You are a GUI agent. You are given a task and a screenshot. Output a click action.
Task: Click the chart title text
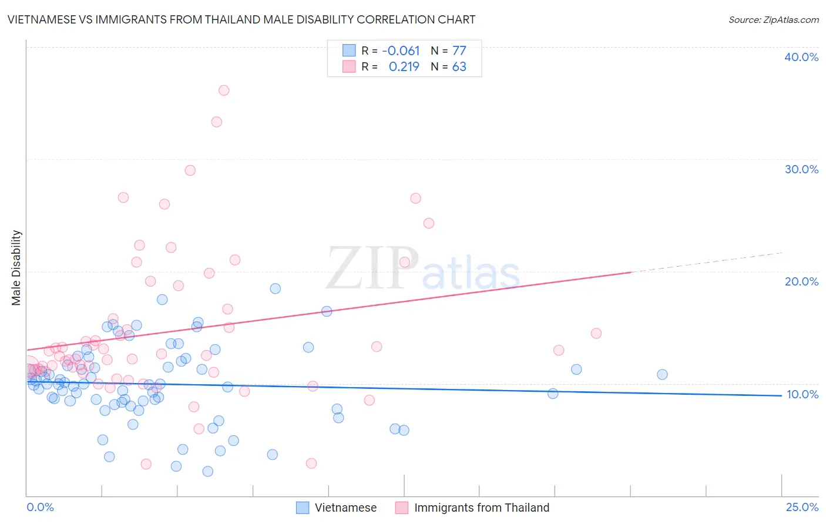tap(241, 19)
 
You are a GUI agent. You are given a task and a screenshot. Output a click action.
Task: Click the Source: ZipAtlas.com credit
tap(773, 19)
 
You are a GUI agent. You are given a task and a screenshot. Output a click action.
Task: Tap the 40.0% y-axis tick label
tap(801, 57)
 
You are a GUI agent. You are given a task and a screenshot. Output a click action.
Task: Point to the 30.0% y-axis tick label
tap(801, 169)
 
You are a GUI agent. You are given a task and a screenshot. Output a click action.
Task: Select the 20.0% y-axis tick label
tap(801, 281)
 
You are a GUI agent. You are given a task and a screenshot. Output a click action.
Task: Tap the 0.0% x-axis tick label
tap(40, 507)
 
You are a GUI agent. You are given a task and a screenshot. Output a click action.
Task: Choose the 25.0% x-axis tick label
tap(802, 507)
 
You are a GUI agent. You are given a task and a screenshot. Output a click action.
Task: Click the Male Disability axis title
tap(16, 267)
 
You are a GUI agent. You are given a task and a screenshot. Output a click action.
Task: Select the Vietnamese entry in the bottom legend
tap(345, 508)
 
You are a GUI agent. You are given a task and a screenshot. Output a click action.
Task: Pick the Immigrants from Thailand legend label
tap(481, 508)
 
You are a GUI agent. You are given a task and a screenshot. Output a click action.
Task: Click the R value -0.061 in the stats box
tap(401, 51)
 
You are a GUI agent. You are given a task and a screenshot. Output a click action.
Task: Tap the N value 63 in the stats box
tap(459, 67)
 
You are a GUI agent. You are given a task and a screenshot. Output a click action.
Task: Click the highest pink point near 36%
tap(224, 90)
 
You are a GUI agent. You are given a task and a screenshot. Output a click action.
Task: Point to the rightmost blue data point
tap(662, 374)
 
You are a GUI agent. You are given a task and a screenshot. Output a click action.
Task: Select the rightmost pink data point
tap(596, 333)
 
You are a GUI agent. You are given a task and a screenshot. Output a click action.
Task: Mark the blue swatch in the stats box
tap(349, 51)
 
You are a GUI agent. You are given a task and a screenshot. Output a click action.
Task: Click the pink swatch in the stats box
tap(349, 66)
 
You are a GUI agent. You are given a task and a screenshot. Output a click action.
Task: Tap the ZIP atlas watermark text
tap(423, 269)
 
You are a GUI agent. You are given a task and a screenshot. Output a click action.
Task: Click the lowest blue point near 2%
tap(207, 471)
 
